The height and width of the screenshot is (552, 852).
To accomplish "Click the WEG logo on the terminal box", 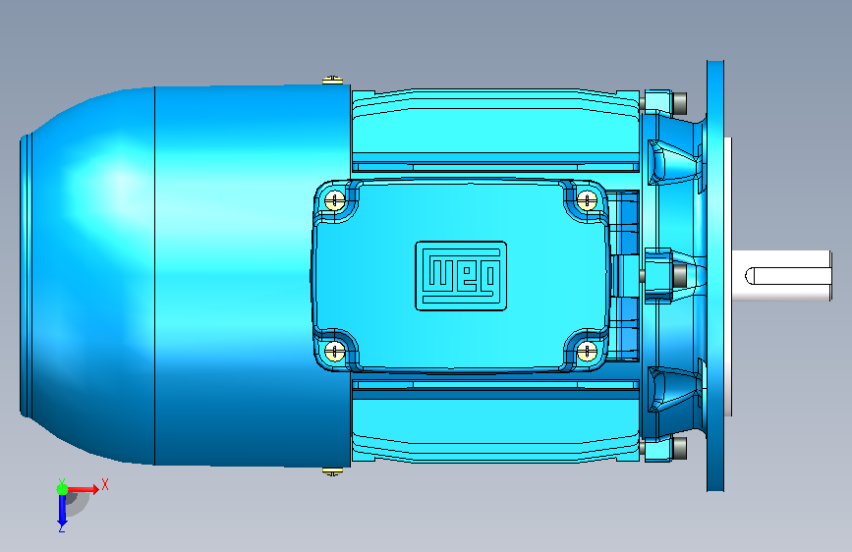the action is tap(461, 276).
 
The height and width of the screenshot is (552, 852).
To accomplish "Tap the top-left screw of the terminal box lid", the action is tap(335, 200).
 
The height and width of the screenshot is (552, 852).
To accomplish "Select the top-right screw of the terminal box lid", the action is tap(587, 200).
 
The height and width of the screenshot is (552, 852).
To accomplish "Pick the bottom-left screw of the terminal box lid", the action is tap(335, 351).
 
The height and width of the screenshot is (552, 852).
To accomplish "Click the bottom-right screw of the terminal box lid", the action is tap(587, 351).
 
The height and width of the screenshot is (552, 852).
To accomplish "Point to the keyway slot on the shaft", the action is tap(787, 276).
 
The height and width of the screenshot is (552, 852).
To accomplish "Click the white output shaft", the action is tap(781, 275).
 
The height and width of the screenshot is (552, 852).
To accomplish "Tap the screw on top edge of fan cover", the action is tap(332, 81).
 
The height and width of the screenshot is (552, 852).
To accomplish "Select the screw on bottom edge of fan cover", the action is tap(332, 471).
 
